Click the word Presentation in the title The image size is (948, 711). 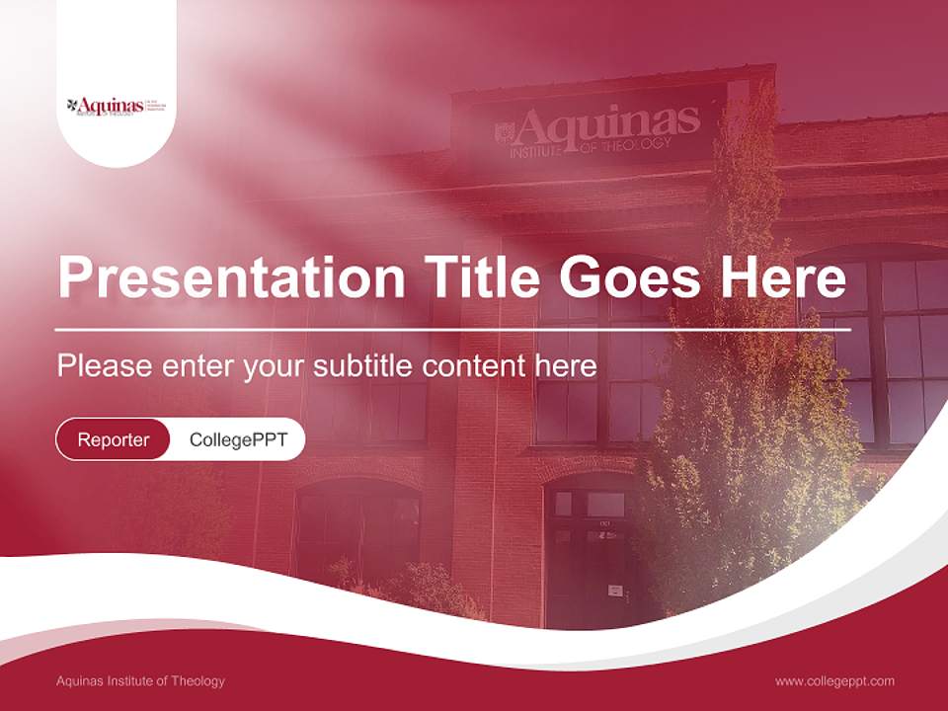coord(230,277)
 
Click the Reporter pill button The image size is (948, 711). coord(113,439)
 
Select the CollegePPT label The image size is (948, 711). coord(238,439)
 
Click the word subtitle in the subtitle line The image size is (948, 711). coord(363,366)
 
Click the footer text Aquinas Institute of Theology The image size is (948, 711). coord(140,681)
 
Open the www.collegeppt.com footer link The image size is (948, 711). coord(834,681)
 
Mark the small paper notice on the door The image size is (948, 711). coord(614,590)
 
